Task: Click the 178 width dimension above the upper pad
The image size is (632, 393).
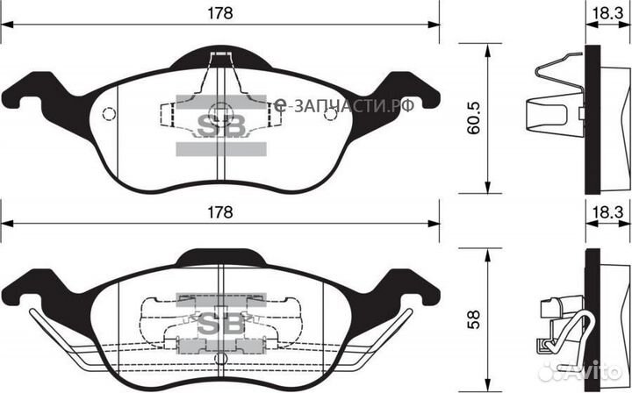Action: [219, 13]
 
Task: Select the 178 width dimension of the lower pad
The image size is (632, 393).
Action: [219, 212]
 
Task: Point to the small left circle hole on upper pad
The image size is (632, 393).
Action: [110, 114]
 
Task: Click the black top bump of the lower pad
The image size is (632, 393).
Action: [219, 257]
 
